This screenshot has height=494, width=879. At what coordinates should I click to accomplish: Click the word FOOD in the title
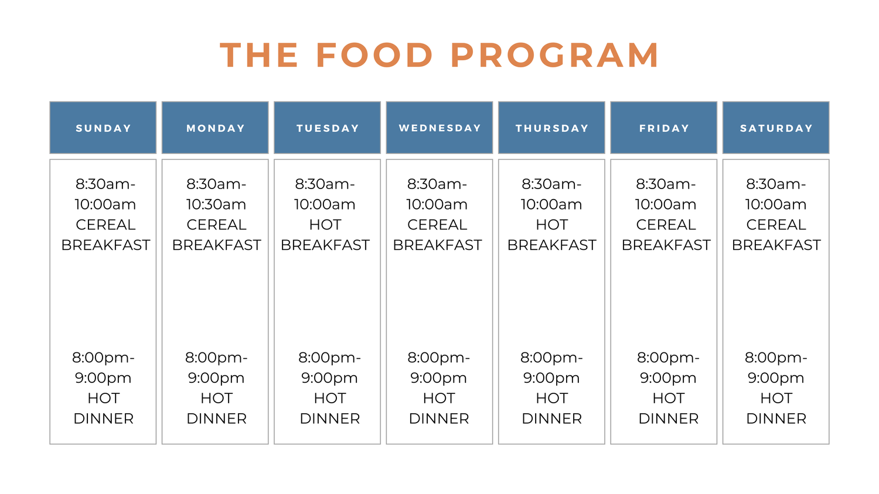click(374, 56)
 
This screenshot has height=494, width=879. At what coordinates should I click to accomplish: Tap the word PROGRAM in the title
click(555, 56)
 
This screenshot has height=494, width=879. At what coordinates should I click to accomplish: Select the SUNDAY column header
click(103, 128)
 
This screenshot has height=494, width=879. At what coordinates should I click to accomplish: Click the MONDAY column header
click(215, 128)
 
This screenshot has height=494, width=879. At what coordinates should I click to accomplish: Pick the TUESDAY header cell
click(328, 128)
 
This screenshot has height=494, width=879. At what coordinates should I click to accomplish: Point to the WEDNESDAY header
click(439, 128)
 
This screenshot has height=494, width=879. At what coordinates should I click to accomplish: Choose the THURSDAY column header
click(551, 128)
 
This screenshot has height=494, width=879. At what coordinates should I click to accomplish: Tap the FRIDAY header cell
click(664, 128)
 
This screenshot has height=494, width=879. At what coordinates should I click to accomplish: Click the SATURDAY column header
click(776, 128)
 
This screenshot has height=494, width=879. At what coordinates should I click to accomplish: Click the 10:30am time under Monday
click(216, 204)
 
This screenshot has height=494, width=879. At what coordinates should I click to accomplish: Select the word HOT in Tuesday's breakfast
click(325, 225)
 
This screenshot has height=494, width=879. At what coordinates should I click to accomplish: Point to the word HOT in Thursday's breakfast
click(552, 225)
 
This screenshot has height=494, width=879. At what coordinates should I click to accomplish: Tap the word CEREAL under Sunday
click(105, 225)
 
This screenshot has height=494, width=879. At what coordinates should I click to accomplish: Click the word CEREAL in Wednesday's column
click(437, 225)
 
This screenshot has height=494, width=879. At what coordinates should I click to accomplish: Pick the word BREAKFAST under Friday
click(666, 245)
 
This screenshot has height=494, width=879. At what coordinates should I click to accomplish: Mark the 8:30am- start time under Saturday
click(776, 184)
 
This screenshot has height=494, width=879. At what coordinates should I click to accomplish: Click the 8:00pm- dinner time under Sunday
click(104, 358)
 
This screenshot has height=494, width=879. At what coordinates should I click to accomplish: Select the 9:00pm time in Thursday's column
click(551, 378)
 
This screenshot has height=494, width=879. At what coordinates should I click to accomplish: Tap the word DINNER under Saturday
click(776, 418)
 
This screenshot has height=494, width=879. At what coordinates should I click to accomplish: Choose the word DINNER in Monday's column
click(216, 418)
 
